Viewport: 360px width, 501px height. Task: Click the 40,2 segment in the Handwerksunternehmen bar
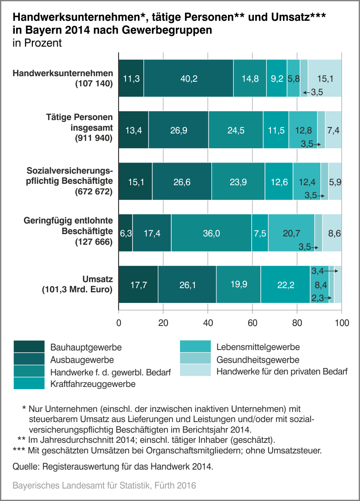(189, 78)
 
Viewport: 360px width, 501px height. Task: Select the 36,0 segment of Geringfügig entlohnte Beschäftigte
(211, 234)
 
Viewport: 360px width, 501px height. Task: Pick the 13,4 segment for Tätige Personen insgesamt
(133, 130)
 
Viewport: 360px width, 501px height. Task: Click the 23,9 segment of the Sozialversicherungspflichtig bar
(238, 182)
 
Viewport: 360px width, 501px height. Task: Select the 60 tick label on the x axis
(252, 323)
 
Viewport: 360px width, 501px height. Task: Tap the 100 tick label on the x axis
(341, 323)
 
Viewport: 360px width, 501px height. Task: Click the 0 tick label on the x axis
(119, 323)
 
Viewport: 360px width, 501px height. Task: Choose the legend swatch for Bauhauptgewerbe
(29, 346)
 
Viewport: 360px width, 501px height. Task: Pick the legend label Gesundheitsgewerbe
(258, 359)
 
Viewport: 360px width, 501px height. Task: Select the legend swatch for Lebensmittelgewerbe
(195, 347)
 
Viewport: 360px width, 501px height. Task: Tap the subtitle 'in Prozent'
(37, 43)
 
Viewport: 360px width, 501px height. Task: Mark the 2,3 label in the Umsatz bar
(317, 298)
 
